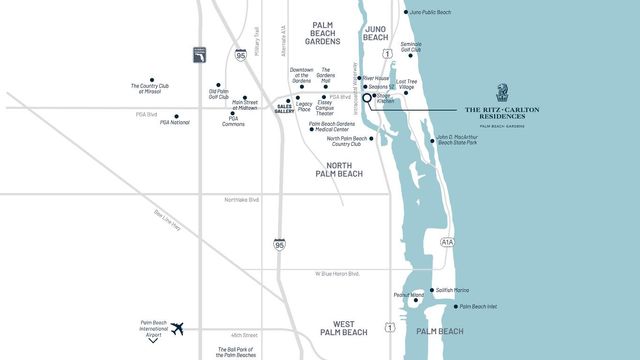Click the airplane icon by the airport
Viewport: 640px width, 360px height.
(x=179, y=328)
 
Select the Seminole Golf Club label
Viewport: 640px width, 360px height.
(x=411, y=47)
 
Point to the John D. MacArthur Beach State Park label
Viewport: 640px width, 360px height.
(x=457, y=140)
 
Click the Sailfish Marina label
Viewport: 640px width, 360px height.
(x=452, y=290)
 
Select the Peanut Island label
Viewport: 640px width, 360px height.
(x=410, y=297)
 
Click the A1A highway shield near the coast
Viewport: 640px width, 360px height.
(x=446, y=241)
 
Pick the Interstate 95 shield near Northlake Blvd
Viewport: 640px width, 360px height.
(x=279, y=244)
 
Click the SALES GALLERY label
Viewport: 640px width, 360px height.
(x=284, y=108)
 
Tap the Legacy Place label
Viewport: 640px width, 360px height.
(x=304, y=106)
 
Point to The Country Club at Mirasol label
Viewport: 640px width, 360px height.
(x=152, y=89)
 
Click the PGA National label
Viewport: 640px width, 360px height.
(x=174, y=122)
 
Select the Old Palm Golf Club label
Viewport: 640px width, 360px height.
(x=219, y=93)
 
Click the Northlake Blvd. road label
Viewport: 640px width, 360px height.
(x=242, y=200)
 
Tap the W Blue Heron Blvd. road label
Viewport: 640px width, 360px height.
(x=337, y=273)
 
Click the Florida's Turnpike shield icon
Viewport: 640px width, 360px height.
(x=200, y=56)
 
